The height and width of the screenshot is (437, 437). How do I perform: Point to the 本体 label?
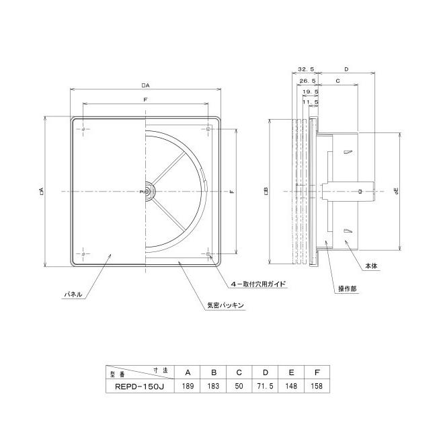(x=372, y=266)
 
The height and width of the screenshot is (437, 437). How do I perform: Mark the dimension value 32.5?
(x=305, y=69)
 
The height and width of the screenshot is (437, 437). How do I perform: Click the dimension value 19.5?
(x=310, y=92)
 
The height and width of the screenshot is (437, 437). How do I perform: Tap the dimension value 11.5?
(x=313, y=103)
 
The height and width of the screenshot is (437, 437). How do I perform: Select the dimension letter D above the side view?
(x=346, y=69)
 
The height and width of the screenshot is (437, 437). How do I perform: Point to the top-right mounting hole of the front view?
(x=209, y=128)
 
